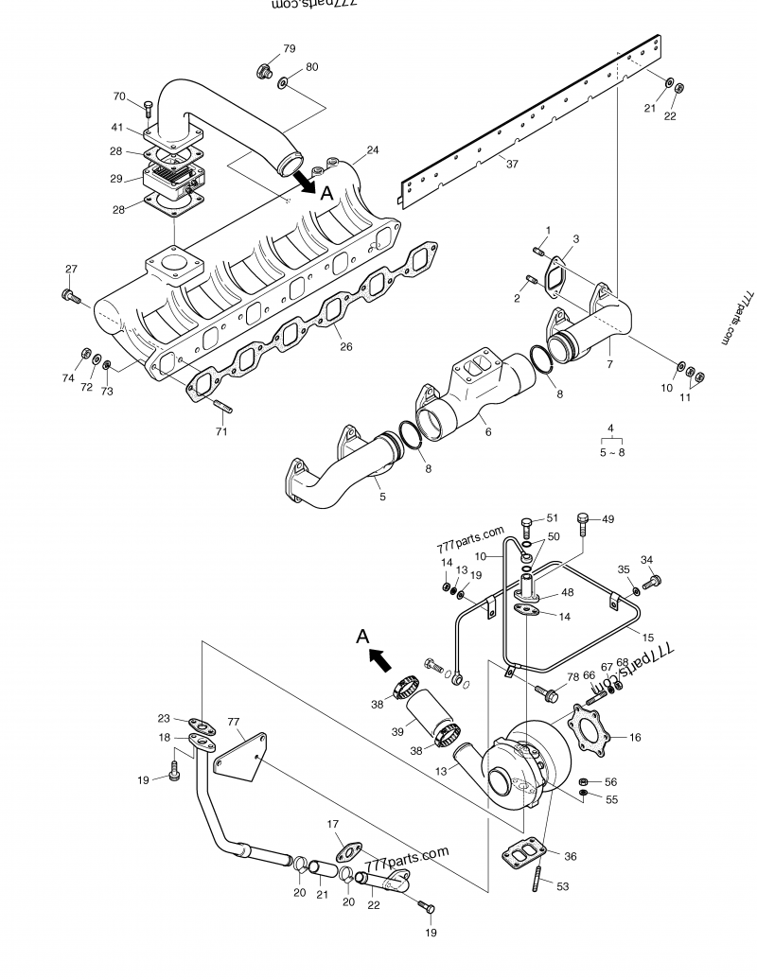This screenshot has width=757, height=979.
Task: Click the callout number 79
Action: click(290, 48)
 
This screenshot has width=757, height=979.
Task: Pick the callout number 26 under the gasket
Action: click(346, 346)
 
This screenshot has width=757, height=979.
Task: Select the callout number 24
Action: click(373, 150)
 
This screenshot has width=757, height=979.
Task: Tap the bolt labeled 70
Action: click(149, 108)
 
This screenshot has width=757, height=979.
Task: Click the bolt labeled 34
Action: click(652, 582)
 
